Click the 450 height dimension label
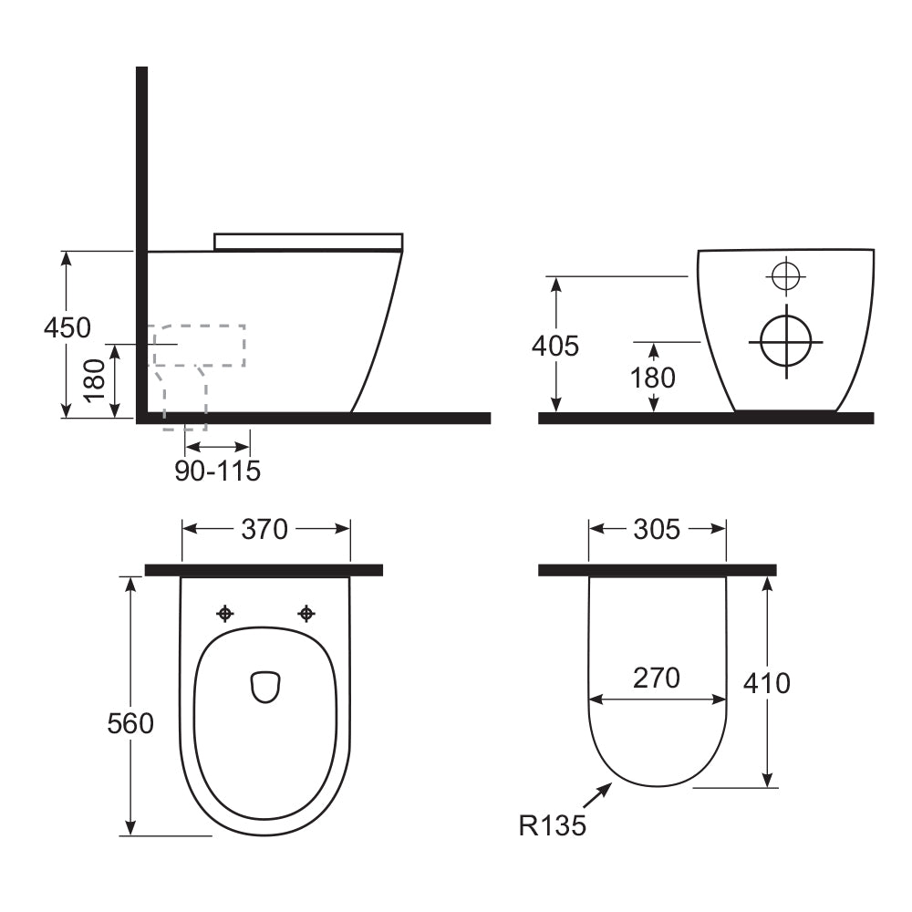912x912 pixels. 67,326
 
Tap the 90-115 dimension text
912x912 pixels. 218,472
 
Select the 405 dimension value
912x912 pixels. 555,346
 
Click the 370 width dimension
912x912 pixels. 265,529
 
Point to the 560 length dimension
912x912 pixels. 130,724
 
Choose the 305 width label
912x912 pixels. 657,529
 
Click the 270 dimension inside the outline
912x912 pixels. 657,678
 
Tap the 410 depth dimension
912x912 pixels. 767,682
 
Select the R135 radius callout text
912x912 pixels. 553,826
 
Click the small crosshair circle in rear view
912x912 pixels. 783,275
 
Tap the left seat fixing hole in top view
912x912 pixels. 224,614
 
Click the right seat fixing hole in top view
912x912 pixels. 306,614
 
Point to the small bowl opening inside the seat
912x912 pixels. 264,687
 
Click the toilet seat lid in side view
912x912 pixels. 308,241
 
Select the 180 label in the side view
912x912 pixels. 95,380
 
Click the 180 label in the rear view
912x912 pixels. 653,377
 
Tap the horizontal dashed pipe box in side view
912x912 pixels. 199,345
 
